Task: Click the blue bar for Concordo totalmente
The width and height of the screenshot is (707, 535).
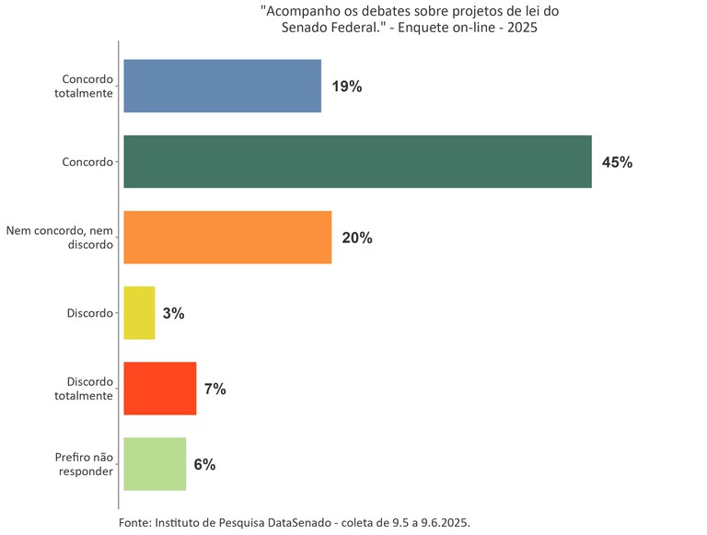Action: click(222, 86)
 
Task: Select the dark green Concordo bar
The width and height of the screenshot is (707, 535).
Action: click(357, 162)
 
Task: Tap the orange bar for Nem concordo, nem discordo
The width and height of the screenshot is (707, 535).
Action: click(227, 238)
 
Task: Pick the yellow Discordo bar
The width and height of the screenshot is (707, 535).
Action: click(139, 313)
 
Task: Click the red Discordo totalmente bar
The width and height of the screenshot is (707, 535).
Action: click(159, 389)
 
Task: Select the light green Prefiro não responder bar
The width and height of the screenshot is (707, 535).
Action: click(155, 464)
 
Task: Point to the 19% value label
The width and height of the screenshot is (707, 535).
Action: click(347, 87)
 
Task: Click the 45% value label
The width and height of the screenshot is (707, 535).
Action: click(617, 162)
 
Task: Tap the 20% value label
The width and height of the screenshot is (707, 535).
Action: click(357, 238)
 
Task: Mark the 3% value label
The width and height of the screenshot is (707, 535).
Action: click(173, 313)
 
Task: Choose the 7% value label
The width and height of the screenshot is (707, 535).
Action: click(215, 389)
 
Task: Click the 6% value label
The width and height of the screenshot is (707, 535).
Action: click(204, 464)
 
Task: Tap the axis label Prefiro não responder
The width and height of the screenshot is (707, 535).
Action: click(85, 464)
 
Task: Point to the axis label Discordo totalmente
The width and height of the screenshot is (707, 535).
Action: click(89, 389)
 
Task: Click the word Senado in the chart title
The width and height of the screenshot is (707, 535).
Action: click(304, 29)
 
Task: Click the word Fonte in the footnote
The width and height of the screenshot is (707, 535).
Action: click(135, 522)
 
